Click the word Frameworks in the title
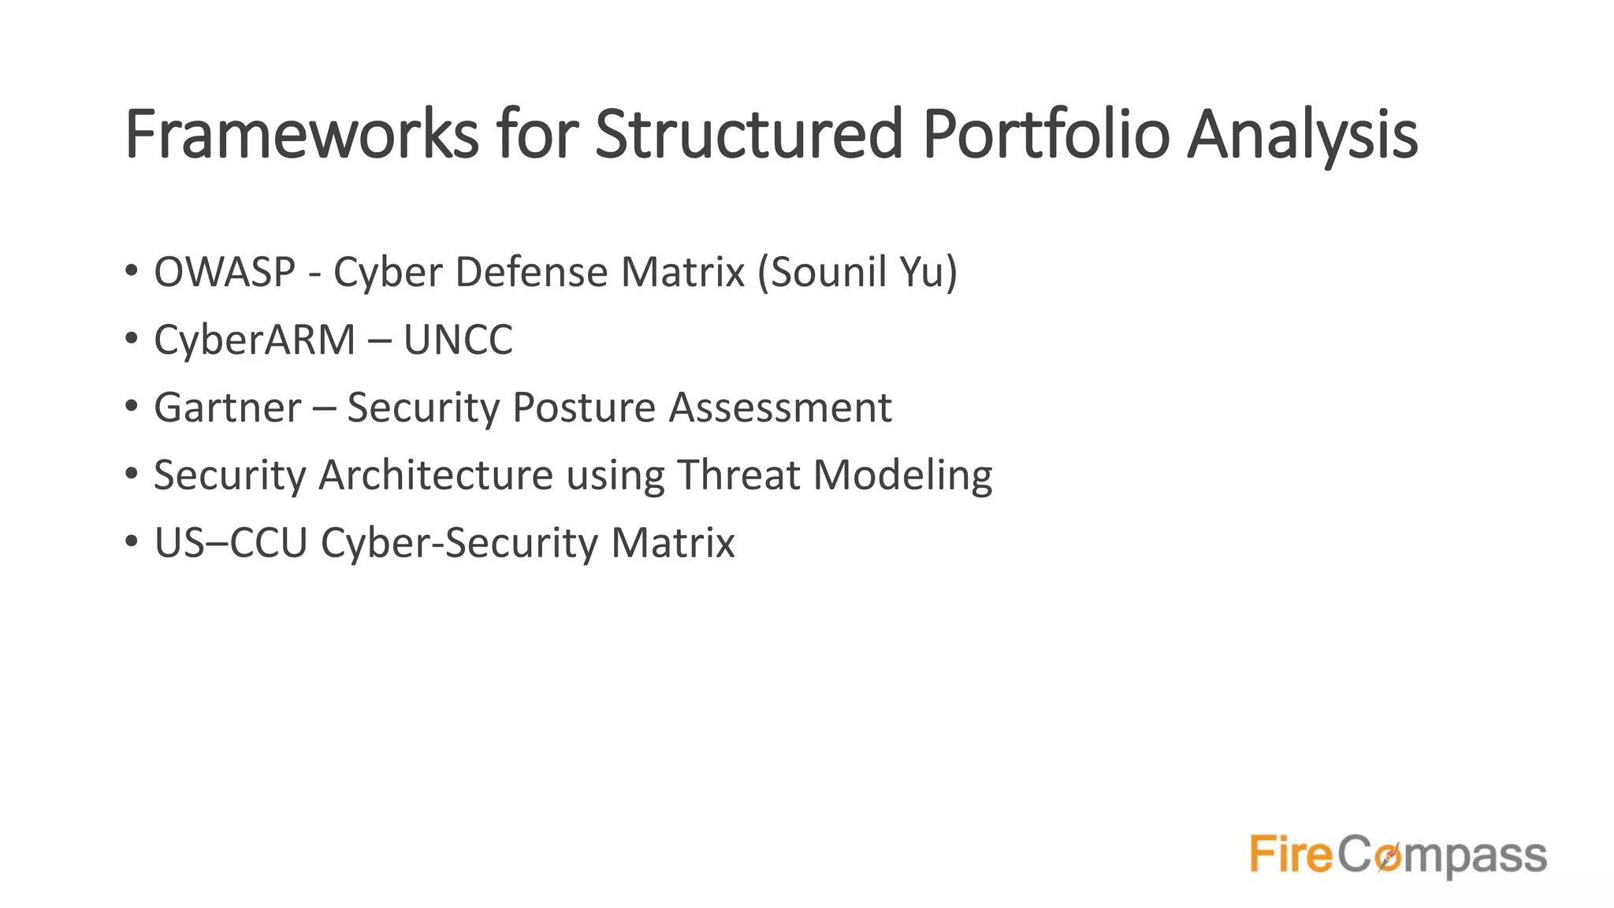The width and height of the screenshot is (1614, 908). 301,135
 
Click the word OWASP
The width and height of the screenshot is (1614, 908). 225,272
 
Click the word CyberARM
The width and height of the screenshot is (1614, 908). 255,340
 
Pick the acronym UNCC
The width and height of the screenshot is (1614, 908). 458,340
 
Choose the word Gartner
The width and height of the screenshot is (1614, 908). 228,407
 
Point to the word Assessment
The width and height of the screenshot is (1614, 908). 780,407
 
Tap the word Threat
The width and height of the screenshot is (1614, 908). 738,475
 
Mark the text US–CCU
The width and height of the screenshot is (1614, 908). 230,543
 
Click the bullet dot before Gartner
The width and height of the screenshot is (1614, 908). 132,406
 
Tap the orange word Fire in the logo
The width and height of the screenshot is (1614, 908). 1291,855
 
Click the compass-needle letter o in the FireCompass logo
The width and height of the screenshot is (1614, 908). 1389,857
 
